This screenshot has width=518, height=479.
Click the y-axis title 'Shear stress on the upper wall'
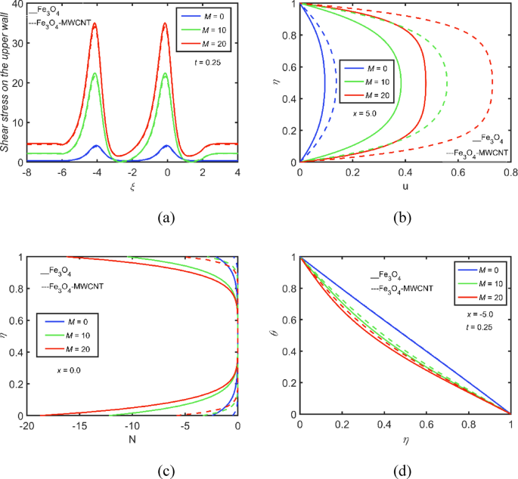7,83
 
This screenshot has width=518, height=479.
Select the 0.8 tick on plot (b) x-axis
510,174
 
